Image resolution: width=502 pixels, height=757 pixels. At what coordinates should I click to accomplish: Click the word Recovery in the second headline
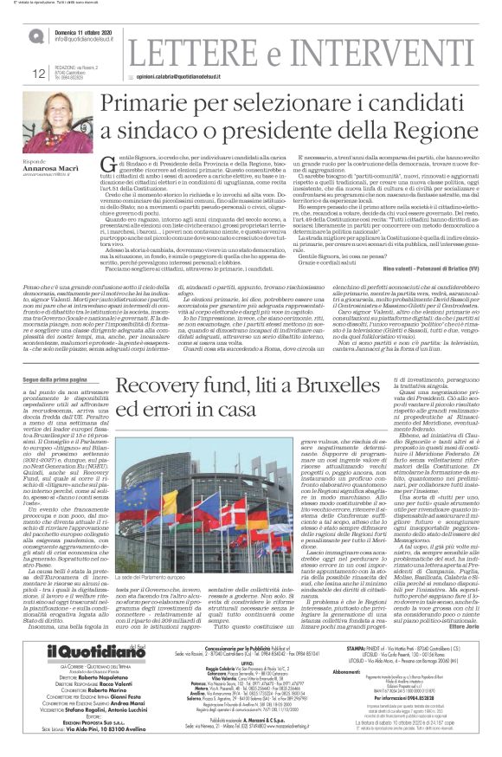coord(163,414)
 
